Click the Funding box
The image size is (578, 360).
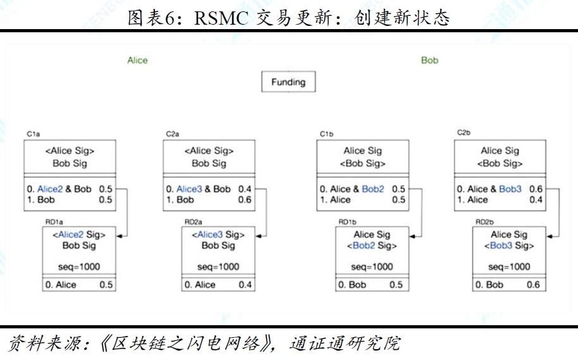click(x=288, y=82)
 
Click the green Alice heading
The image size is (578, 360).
click(x=137, y=61)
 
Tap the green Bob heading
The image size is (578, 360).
click(x=430, y=61)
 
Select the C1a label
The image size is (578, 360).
click(x=33, y=134)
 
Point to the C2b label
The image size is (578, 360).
click(x=464, y=132)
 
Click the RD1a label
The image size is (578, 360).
click(x=54, y=221)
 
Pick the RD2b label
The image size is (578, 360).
click(x=484, y=221)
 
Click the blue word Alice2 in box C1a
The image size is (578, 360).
click(x=50, y=189)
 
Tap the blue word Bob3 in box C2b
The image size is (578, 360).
click(x=510, y=189)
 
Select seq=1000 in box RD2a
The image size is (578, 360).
click(x=218, y=267)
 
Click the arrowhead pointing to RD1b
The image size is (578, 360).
click(x=412, y=236)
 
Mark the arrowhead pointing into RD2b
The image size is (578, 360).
click(x=550, y=236)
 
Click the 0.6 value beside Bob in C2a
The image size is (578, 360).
click(x=245, y=199)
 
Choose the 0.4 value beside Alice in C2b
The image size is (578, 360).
click(x=536, y=199)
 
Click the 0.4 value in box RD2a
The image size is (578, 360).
click(x=245, y=285)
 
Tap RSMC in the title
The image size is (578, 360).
click(x=221, y=18)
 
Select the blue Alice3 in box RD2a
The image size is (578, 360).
click(x=210, y=235)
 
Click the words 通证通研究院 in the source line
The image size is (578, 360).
click(x=345, y=344)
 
